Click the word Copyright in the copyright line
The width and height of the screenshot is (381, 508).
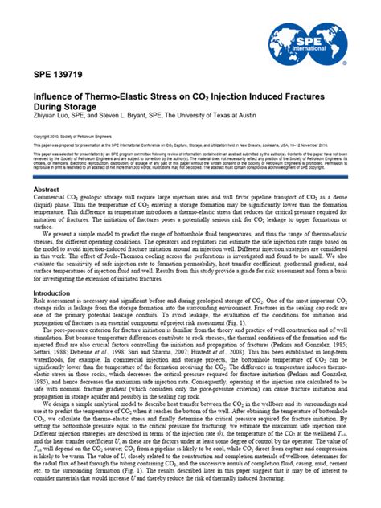(x=40, y=137)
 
